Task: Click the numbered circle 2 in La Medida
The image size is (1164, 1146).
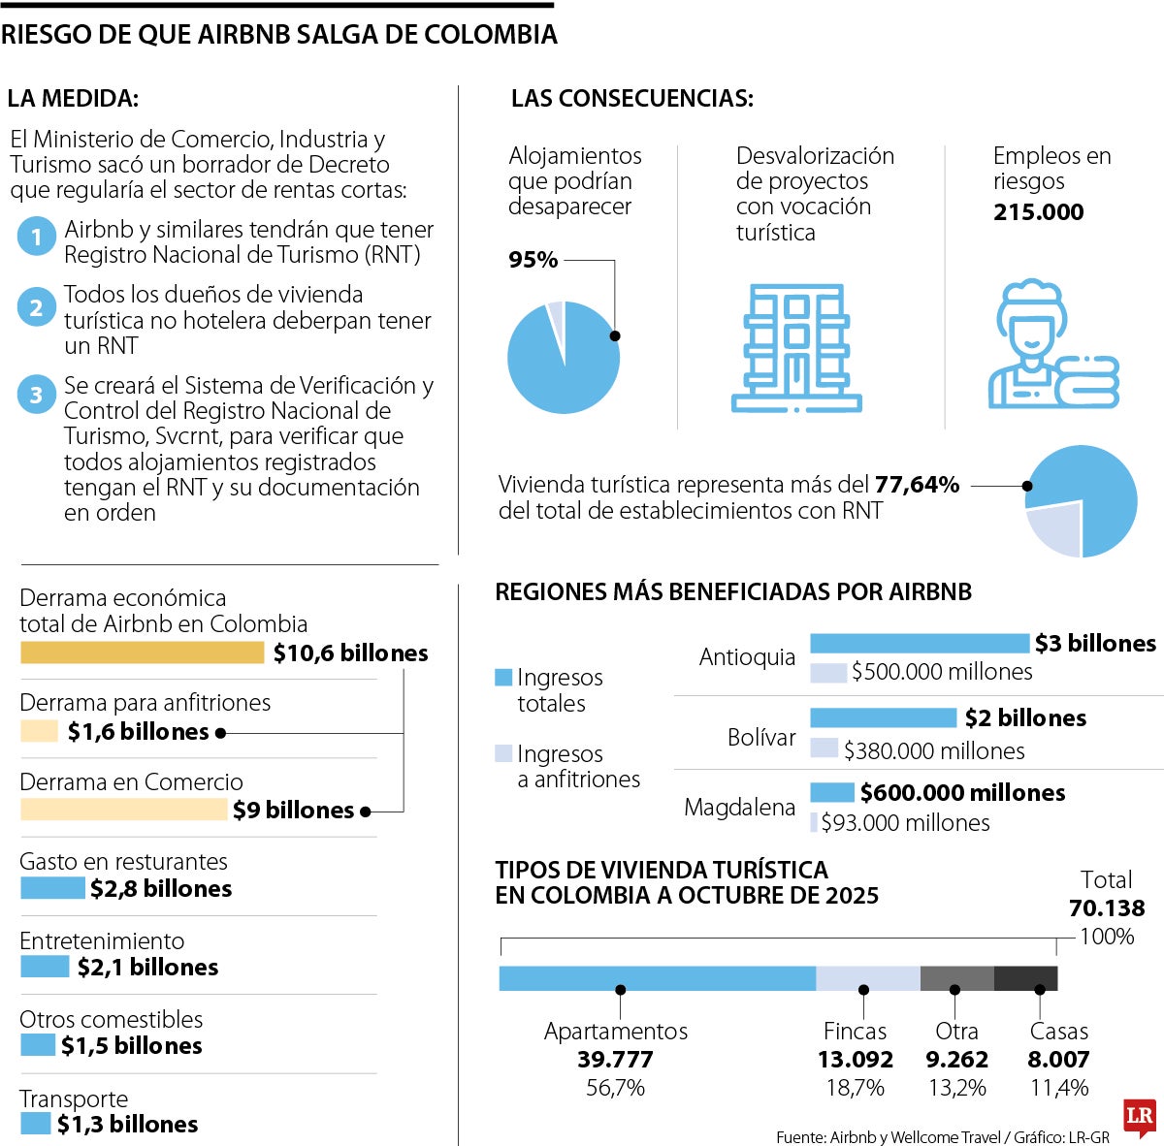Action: point(36,308)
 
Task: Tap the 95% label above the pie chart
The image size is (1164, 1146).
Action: point(533,260)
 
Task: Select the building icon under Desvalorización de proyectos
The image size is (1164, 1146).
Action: point(796,347)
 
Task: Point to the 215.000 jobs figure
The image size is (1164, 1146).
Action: point(1038,212)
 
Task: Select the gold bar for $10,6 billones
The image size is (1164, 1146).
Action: point(142,653)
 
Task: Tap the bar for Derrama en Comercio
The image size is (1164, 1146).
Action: point(123,810)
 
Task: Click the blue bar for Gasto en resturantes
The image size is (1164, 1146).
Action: point(52,888)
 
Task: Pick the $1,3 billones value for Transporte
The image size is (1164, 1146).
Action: point(127,1125)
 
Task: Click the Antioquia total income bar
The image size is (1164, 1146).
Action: point(919,643)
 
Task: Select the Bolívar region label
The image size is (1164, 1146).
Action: point(761,737)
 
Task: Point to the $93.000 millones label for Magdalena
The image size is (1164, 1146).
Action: point(905,823)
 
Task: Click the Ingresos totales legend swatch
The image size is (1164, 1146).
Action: point(502,678)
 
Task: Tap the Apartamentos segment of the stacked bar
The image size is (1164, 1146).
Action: point(657,978)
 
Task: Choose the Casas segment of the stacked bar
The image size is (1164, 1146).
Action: point(1025,978)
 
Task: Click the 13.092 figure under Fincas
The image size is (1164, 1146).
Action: point(855,1060)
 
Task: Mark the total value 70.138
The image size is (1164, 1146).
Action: point(1107,908)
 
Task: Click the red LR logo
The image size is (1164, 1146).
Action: point(1141,1118)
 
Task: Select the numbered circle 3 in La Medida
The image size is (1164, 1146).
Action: point(36,395)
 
